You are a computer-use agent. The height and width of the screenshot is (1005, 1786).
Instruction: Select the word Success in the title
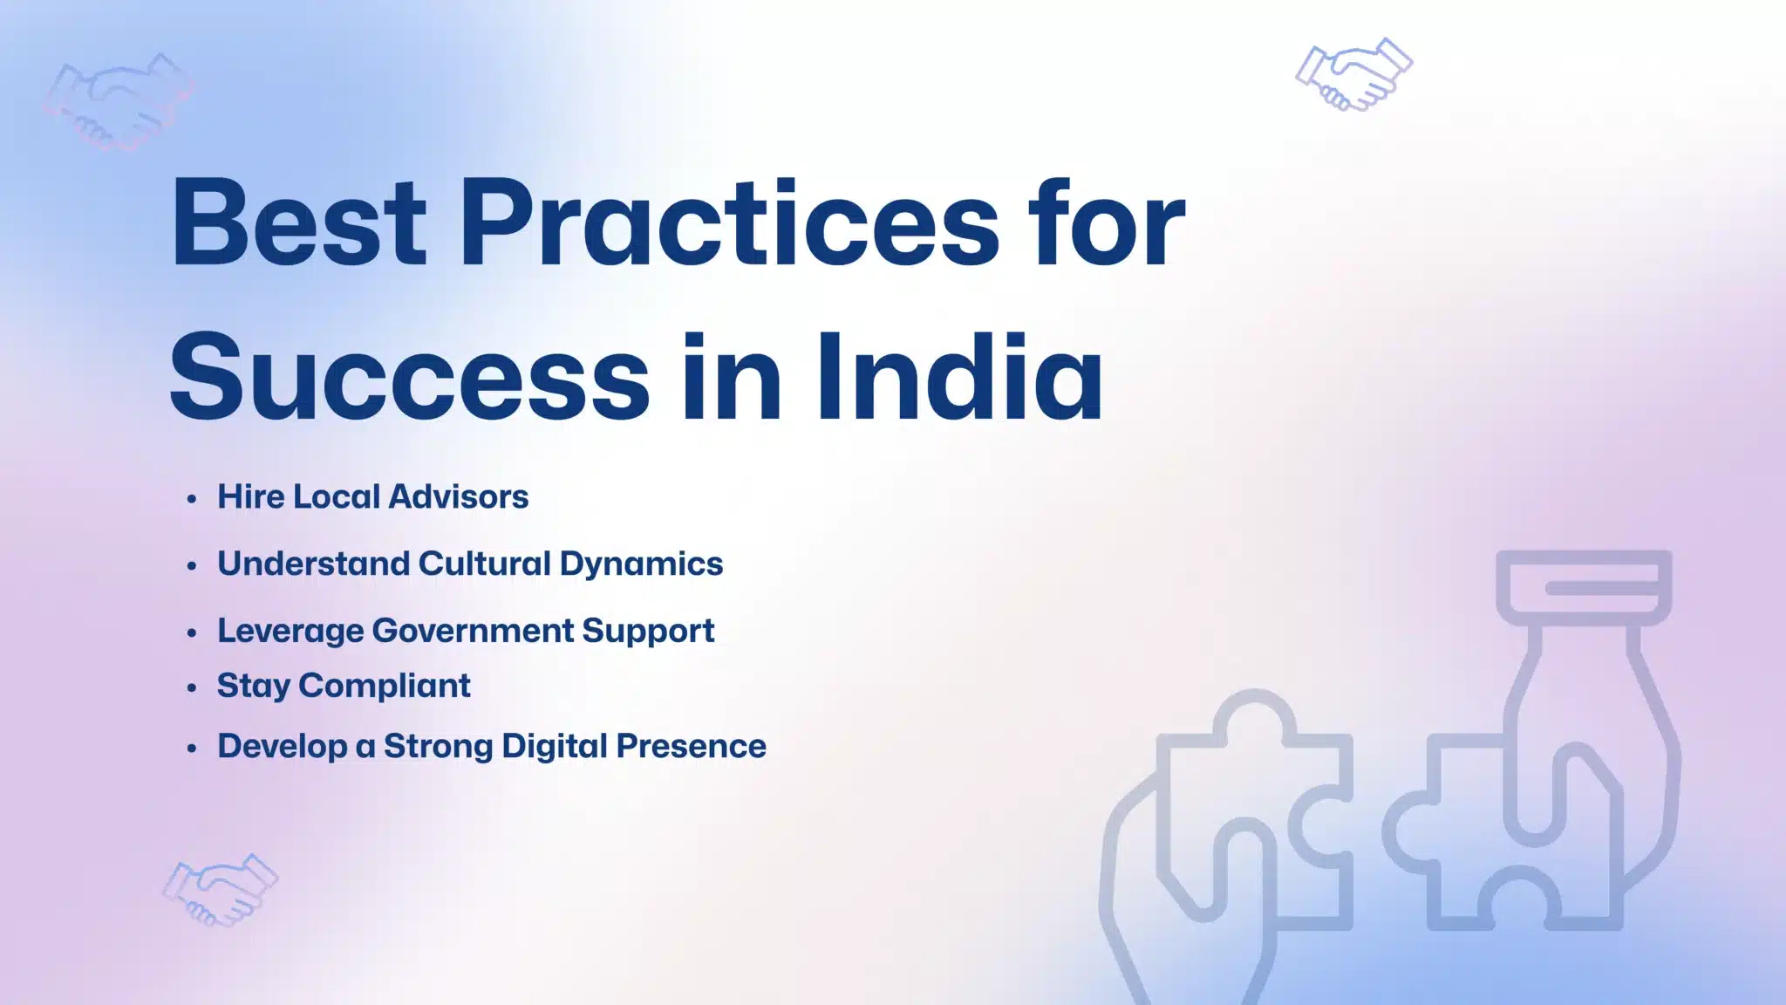(x=409, y=379)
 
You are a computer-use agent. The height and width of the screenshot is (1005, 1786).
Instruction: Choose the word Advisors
(x=459, y=496)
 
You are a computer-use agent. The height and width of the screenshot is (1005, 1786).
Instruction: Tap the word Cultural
(x=484, y=564)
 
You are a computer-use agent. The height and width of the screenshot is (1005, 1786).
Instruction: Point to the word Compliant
(x=385, y=687)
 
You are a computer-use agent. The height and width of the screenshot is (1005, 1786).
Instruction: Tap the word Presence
(x=691, y=746)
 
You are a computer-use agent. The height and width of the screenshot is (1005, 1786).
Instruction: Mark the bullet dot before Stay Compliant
(x=192, y=688)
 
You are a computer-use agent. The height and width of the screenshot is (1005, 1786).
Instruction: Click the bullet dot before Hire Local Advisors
(x=192, y=499)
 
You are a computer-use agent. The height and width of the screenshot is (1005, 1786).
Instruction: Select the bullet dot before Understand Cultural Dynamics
(x=192, y=566)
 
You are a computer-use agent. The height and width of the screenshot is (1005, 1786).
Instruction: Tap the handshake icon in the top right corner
(x=1353, y=74)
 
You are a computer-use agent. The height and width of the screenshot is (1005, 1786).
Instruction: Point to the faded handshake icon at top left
(x=119, y=100)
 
